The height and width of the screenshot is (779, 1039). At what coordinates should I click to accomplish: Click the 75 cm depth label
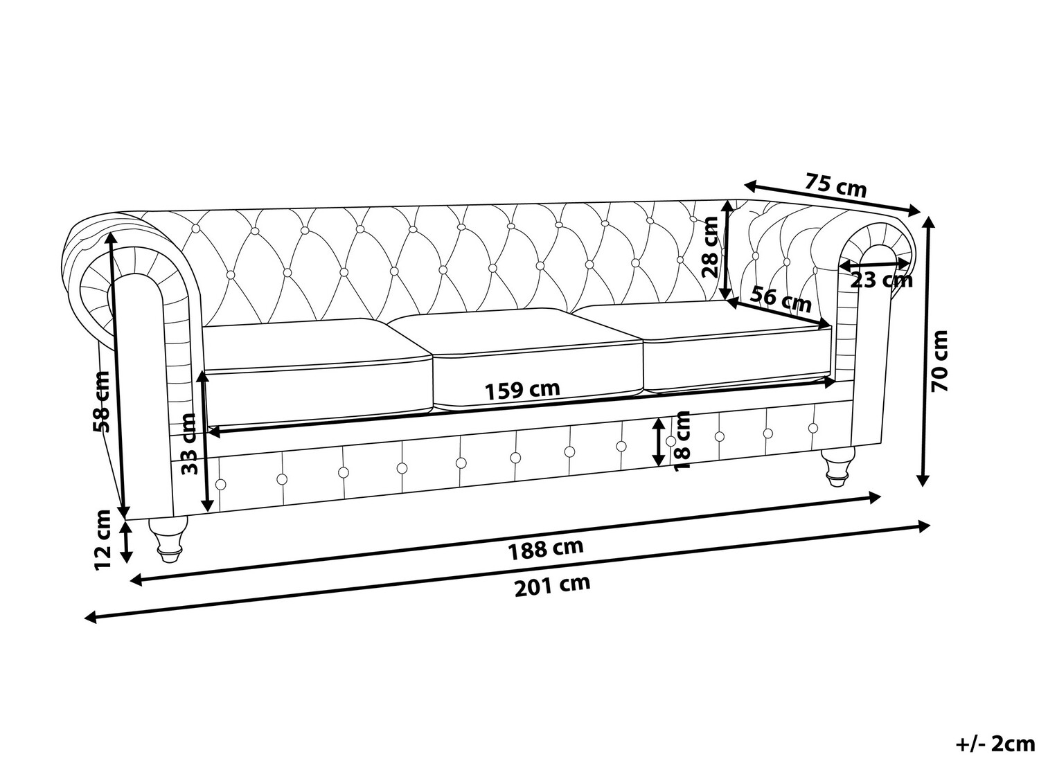[835, 186]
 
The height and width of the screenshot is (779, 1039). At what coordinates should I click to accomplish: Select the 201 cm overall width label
[552, 587]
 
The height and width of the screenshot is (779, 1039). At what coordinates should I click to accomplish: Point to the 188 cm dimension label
[545, 550]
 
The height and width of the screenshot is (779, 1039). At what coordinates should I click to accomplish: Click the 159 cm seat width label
[522, 391]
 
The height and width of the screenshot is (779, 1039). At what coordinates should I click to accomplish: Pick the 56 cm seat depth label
[781, 300]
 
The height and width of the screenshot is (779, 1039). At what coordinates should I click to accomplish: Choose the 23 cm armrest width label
[881, 280]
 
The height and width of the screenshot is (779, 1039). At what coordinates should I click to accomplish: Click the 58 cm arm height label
[102, 402]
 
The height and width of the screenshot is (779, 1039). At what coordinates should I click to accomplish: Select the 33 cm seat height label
[189, 444]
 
